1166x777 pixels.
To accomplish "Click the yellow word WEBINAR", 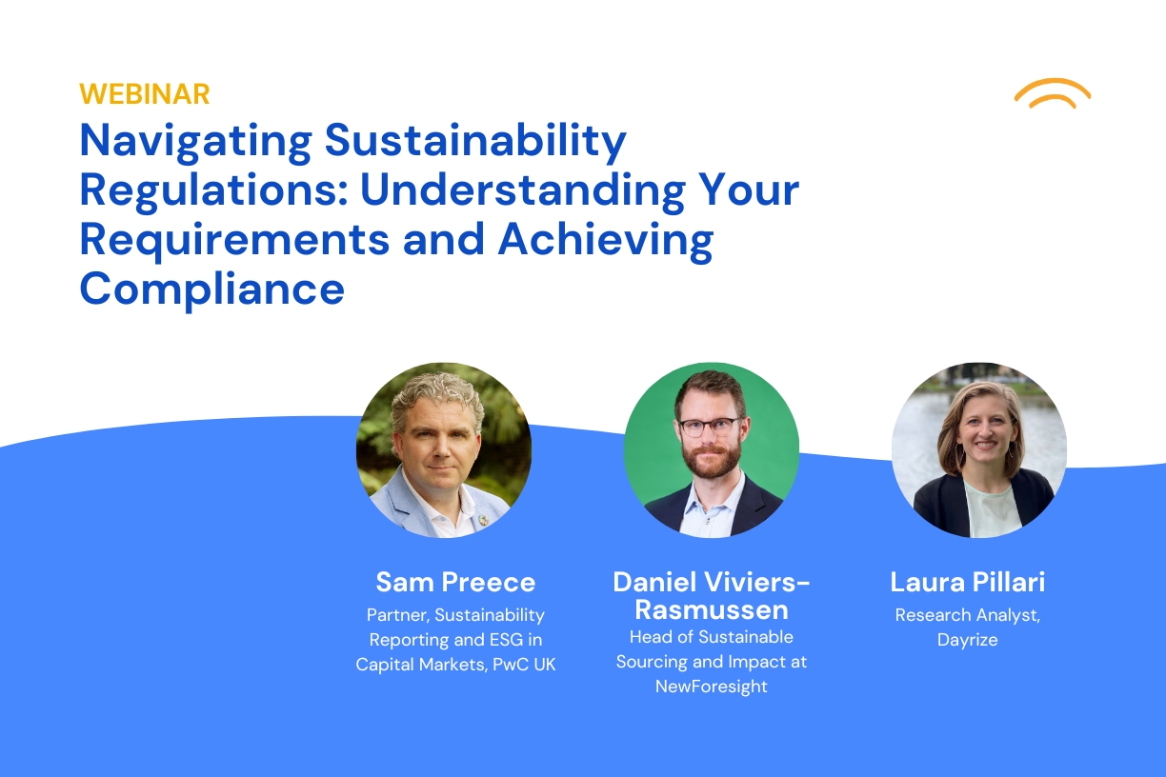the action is click(145, 94).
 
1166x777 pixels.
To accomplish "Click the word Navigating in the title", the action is click(195, 143).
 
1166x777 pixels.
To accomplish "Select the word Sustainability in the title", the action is click(475, 143).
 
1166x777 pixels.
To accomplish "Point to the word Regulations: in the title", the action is click(214, 192).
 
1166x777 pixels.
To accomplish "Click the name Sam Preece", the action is click(455, 582).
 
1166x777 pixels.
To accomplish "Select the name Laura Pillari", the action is click(967, 582).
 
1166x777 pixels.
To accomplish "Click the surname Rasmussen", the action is click(712, 610).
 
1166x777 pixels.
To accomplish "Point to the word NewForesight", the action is click(711, 687).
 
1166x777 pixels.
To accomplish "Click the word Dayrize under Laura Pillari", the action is click(967, 640).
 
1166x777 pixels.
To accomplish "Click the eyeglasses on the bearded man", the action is click(711, 427).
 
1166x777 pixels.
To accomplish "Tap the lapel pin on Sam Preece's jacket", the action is click(483, 520).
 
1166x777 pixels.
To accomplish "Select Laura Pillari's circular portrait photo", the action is click(979, 450).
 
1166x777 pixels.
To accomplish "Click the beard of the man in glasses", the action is click(711, 459).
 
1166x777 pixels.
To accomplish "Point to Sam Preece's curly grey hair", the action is click(438, 399).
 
